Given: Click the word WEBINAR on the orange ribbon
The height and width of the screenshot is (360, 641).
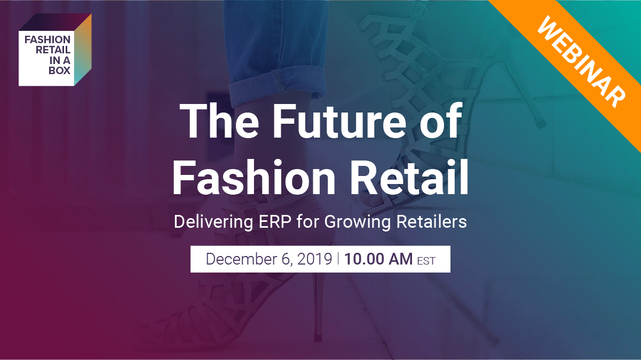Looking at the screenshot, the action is tap(581, 61).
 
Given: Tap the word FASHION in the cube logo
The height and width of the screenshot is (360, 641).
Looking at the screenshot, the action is tap(47, 40).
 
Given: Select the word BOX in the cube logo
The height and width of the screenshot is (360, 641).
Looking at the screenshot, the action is tap(60, 70).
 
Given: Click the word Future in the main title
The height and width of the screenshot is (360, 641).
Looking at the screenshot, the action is tap(339, 121).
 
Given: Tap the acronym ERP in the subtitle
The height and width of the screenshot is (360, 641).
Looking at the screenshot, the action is tap(275, 222).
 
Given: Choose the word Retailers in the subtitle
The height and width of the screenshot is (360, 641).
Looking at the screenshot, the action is tap(432, 222).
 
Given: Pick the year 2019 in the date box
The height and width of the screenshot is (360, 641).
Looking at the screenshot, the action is tap(314, 259).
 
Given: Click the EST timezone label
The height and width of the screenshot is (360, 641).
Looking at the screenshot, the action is tap(426, 261).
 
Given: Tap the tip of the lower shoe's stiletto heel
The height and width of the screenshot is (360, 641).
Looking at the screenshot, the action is tap(317, 338).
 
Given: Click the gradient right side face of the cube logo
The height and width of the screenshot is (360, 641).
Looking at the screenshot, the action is tap(83, 50).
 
